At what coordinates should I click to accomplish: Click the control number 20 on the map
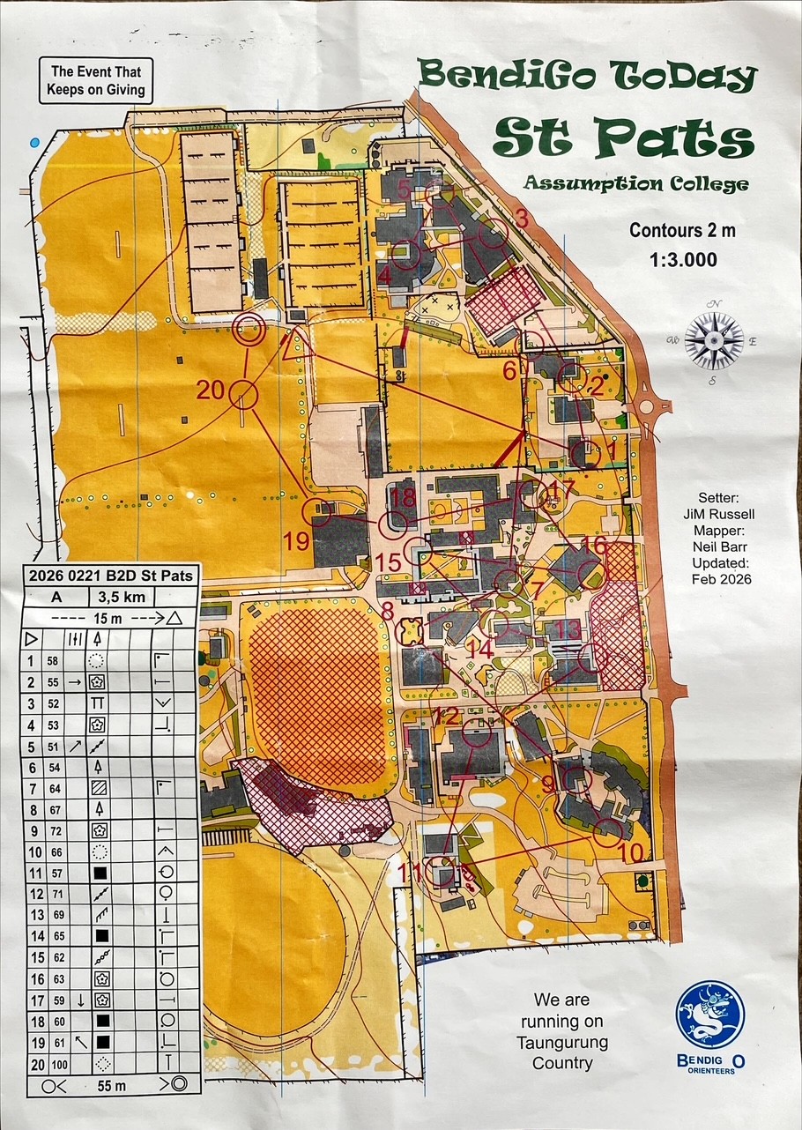[x=211, y=389]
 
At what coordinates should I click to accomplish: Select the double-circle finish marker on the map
[x=249, y=331]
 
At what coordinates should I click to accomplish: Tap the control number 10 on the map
[x=630, y=853]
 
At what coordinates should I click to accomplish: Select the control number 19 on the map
[x=298, y=540]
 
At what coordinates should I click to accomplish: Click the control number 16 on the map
[x=595, y=546]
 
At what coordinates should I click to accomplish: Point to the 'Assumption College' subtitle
[x=635, y=183]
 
